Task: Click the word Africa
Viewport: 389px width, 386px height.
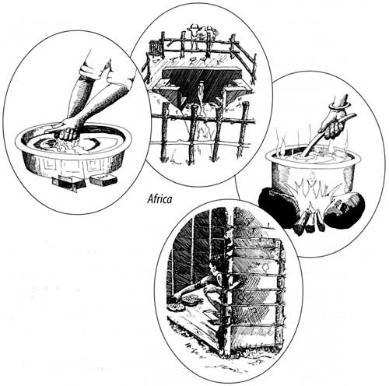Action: [x=159, y=199]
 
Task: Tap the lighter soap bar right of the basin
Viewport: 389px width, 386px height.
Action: [x=103, y=179]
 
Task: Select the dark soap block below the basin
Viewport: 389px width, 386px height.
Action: [x=68, y=182]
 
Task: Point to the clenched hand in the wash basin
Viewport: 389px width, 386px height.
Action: [x=68, y=129]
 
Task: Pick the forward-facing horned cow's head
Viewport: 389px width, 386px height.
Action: [x=193, y=29]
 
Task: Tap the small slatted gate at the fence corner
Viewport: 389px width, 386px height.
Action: [x=156, y=48]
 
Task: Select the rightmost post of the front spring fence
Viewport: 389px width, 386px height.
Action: [x=243, y=129]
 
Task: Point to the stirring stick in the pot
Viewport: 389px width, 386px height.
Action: [x=329, y=135]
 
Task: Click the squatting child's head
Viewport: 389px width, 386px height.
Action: [x=215, y=270]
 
